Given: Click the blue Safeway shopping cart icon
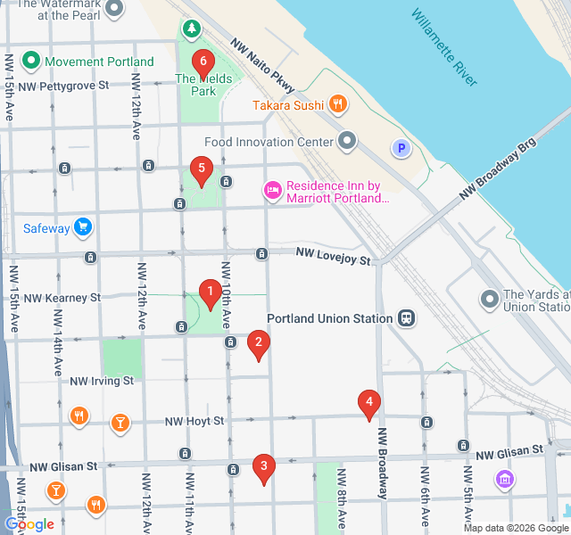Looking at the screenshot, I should click(83, 227).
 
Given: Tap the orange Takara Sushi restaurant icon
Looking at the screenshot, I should click(337, 104).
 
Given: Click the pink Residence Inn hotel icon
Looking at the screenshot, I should click(272, 190).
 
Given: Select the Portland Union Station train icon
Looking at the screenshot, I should click(407, 318).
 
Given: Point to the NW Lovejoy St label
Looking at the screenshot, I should click(333, 257).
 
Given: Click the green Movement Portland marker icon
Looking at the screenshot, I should click(31, 62).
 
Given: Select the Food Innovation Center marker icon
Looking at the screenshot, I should click(347, 141).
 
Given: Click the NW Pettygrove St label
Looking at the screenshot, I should click(67, 86).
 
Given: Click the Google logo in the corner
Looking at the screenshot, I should click(29, 524).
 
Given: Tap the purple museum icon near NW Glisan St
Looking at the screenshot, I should click(505, 480).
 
